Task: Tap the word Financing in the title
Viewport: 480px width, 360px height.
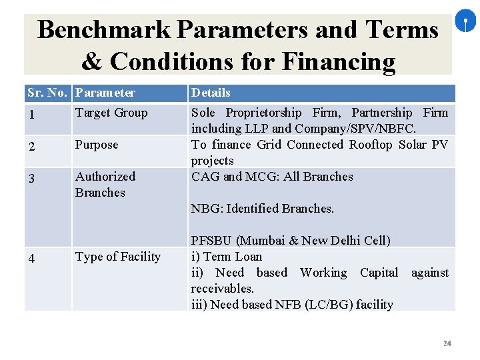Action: (x=339, y=61)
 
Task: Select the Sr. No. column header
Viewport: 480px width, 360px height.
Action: (x=49, y=93)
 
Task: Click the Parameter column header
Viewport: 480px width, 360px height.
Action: (x=105, y=93)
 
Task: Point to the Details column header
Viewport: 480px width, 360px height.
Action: (x=211, y=93)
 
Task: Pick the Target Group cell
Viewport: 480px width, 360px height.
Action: (x=111, y=113)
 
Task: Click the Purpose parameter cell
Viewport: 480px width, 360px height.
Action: (x=97, y=145)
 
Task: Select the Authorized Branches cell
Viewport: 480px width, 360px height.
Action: (x=105, y=185)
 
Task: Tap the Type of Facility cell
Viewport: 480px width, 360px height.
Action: (x=118, y=257)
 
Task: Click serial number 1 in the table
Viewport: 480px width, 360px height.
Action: (x=31, y=115)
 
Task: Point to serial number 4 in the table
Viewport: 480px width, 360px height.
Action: (x=31, y=259)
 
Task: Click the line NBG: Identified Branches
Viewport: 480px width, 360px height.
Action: (x=263, y=209)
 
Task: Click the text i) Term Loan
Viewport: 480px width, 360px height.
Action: (x=227, y=257)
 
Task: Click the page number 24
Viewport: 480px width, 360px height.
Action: (x=447, y=343)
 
